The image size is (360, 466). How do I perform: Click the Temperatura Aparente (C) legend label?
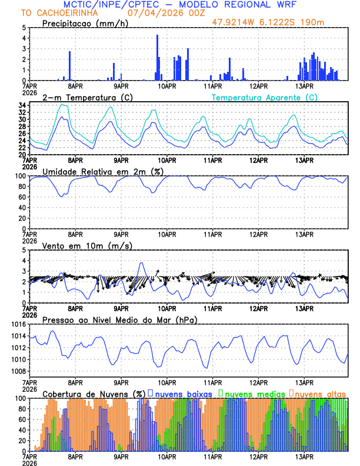(x=264, y=97)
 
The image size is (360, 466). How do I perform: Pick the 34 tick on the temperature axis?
(x=21, y=105)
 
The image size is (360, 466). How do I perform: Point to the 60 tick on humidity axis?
(x=21, y=197)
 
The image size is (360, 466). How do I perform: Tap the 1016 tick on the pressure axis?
(x=17, y=324)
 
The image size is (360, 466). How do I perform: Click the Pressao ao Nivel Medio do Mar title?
(x=119, y=319)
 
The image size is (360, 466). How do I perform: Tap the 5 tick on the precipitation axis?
(x=24, y=28)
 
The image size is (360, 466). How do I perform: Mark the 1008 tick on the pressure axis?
(x=17, y=371)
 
